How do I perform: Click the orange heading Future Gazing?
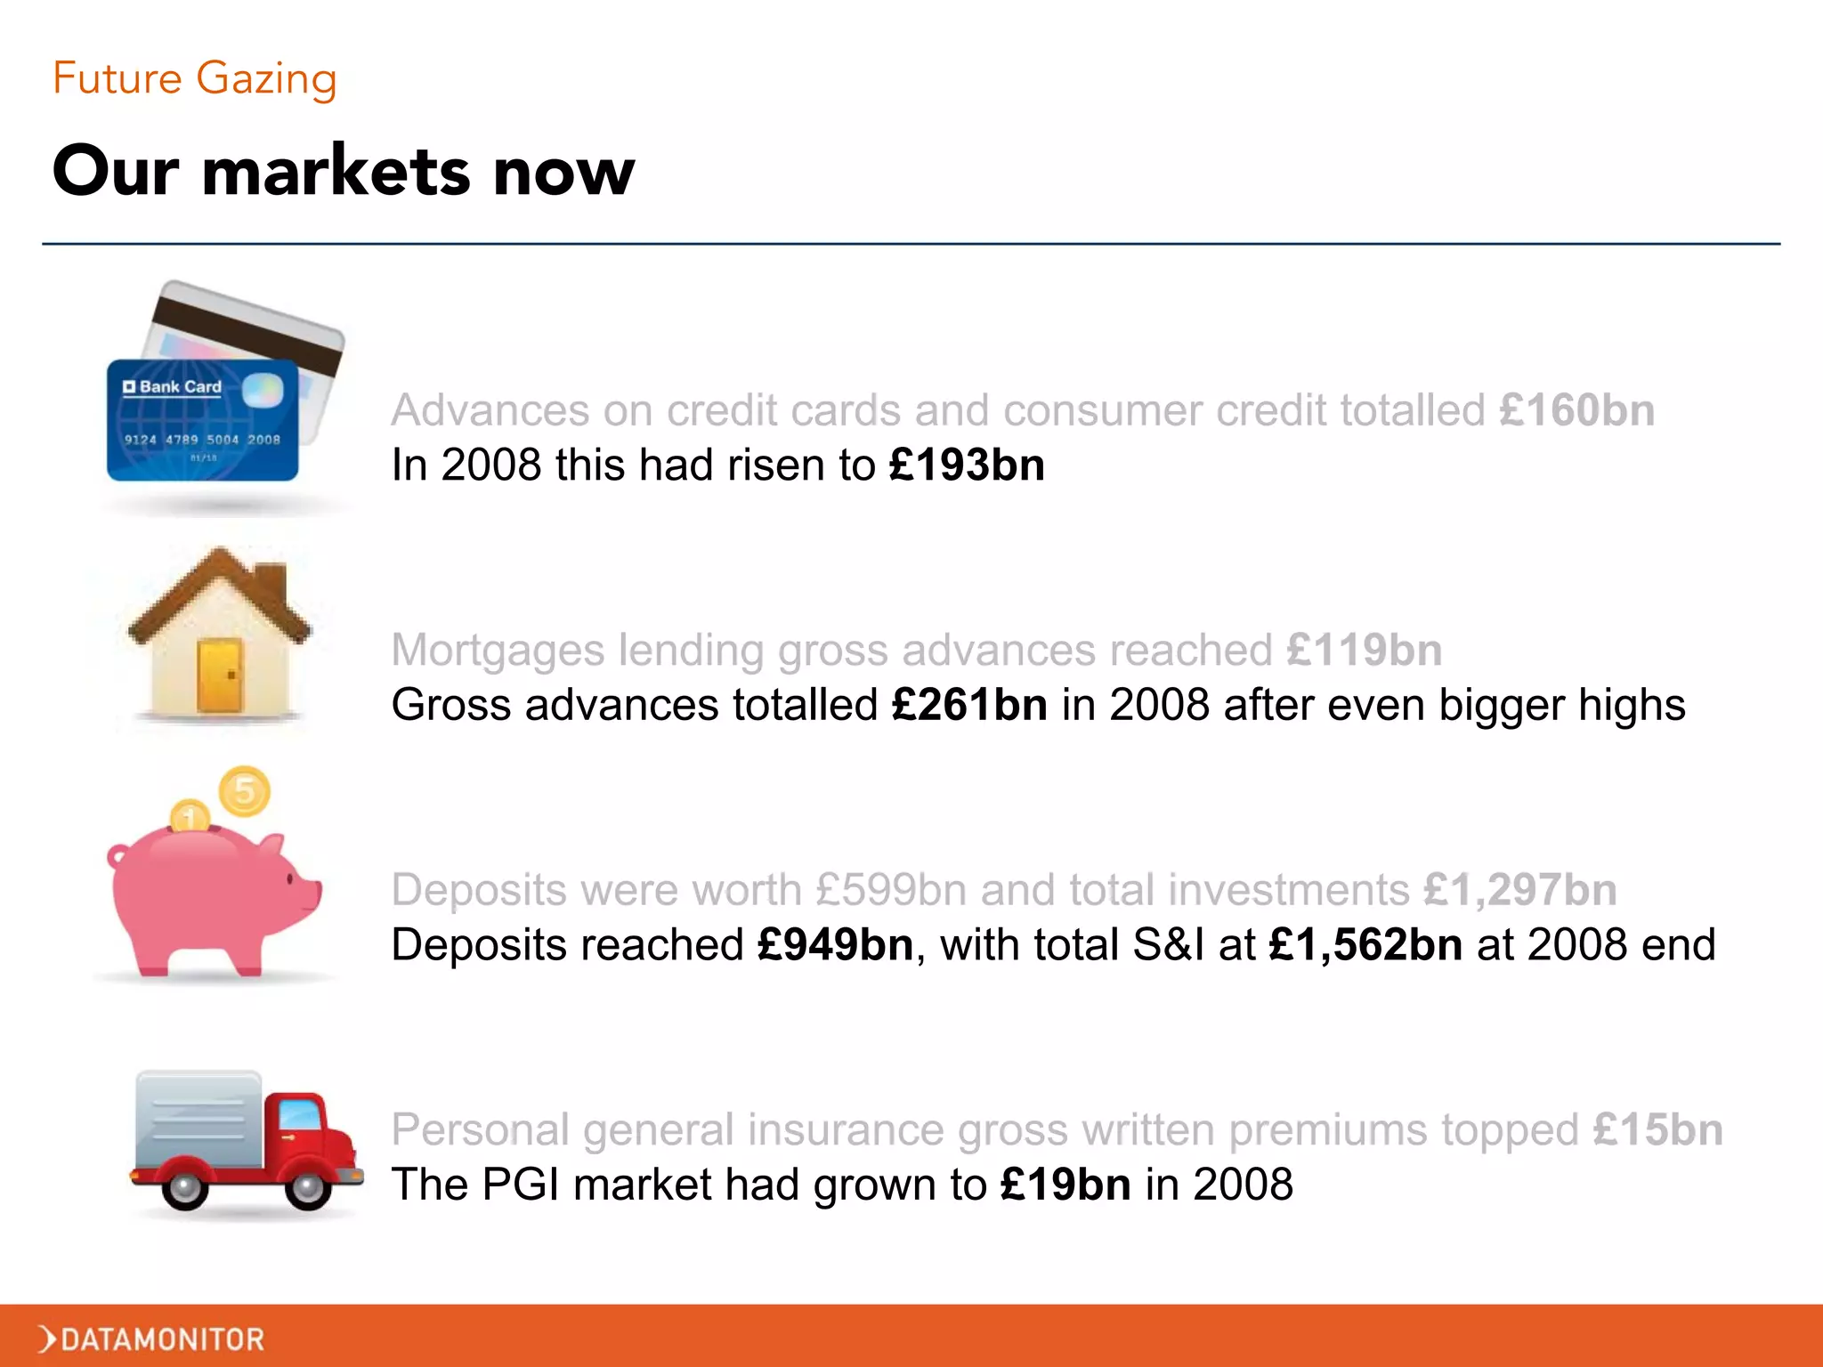(x=194, y=78)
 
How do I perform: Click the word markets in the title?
(x=336, y=171)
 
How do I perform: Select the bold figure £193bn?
(x=967, y=465)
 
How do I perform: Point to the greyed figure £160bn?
(x=1576, y=410)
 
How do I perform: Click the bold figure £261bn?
(x=969, y=705)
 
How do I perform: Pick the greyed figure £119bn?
(x=1364, y=651)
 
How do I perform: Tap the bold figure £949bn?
(x=835, y=945)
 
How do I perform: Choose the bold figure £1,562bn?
(x=1365, y=945)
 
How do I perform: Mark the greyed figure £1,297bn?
(x=1519, y=890)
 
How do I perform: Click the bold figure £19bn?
(x=1065, y=1185)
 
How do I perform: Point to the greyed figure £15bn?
(x=1657, y=1130)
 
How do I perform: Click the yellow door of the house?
(x=220, y=675)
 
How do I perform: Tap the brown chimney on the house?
(x=272, y=588)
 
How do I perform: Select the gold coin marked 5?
(x=245, y=790)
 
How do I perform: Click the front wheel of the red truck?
(x=308, y=1186)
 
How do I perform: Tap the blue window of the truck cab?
(x=300, y=1115)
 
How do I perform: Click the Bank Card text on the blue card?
(x=180, y=387)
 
